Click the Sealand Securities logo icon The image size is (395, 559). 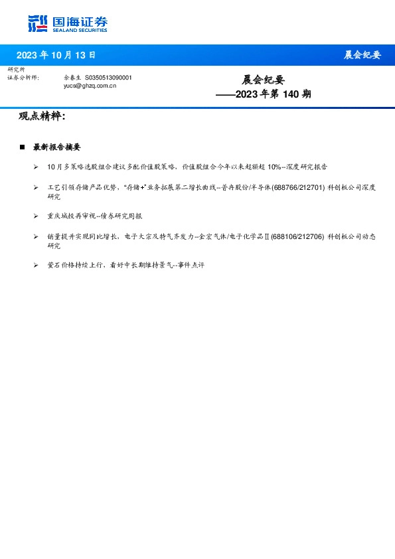click(39, 24)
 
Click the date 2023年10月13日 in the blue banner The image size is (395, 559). click(56, 55)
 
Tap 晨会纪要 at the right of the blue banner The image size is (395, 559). click(362, 55)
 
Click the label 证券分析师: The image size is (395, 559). click(23, 78)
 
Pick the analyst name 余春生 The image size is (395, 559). click(72, 78)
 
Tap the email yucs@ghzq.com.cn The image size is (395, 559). click(90, 86)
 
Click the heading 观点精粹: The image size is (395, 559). click(42, 117)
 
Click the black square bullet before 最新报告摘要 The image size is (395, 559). click(22, 147)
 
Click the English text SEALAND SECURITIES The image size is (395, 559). click(80, 29)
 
